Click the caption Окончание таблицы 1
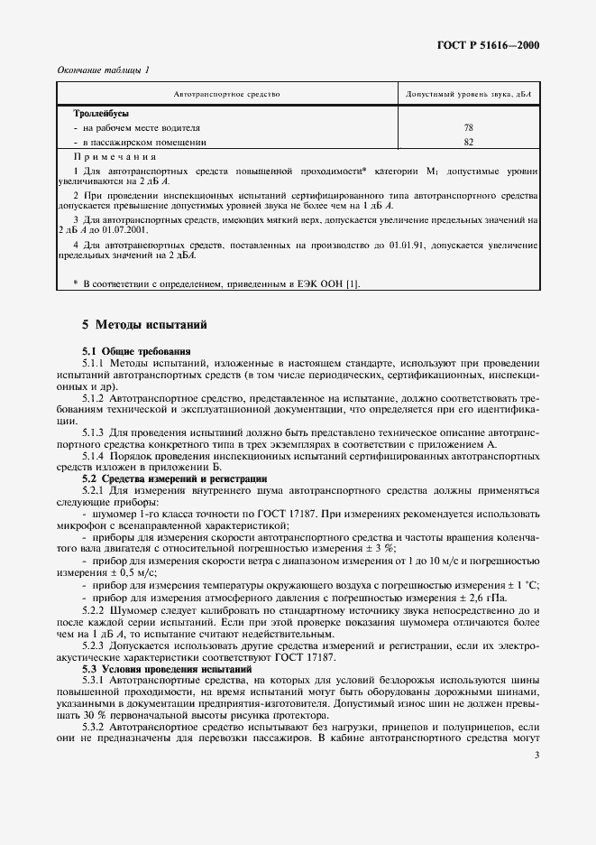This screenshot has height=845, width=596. [x=103, y=70]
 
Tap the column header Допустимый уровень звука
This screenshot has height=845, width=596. [x=468, y=94]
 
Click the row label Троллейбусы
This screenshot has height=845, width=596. [x=101, y=114]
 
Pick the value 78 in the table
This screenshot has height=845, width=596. [x=468, y=128]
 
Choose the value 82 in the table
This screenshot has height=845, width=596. [x=468, y=142]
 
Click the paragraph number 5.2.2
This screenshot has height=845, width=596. [x=94, y=610]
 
